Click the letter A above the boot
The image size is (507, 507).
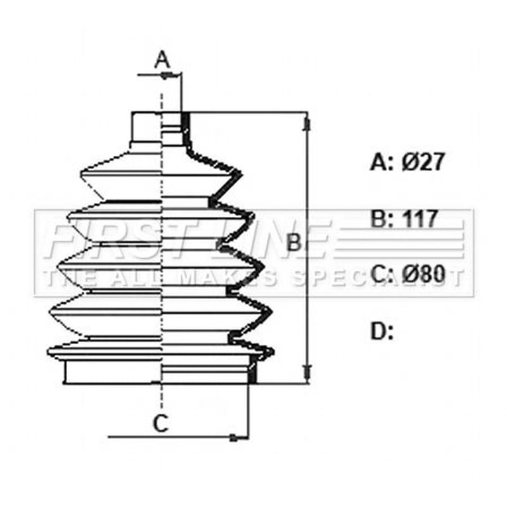(162, 60)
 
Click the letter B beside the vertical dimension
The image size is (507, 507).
(294, 242)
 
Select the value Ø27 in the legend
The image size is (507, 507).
(423, 162)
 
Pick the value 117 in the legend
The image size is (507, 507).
(420, 219)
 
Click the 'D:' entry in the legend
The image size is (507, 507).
(382, 331)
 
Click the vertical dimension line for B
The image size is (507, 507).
(307, 248)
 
